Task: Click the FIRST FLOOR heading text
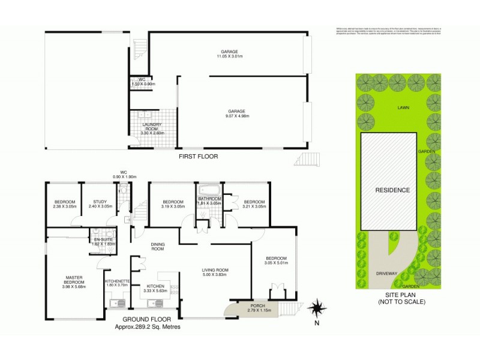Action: pyautogui.click(x=197, y=156)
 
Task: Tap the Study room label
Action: pyautogui.click(x=98, y=205)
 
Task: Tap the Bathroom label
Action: pyautogui.click(x=210, y=201)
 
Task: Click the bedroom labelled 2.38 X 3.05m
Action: pyautogui.click(x=65, y=205)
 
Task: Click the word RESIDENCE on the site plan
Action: pyautogui.click(x=392, y=190)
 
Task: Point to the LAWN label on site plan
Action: pyautogui.click(x=402, y=108)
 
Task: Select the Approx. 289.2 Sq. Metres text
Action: pyautogui.click(x=148, y=327)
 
